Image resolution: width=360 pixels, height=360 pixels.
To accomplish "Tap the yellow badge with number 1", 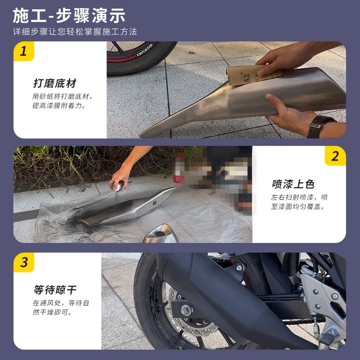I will click(x=24, y=51).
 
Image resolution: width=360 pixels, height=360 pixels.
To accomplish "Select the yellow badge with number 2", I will click(x=335, y=156).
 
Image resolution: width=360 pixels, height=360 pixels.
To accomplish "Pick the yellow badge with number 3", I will click(x=24, y=262).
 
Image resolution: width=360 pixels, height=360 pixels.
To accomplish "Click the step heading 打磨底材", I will click(x=54, y=83).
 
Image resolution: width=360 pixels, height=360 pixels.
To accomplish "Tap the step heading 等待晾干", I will click(x=54, y=290).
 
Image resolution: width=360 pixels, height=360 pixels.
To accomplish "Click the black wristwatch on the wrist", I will click(x=320, y=126).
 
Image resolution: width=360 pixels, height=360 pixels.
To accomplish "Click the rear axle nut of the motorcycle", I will click(x=186, y=310).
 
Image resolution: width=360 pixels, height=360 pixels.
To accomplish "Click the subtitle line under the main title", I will click(x=75, y=32).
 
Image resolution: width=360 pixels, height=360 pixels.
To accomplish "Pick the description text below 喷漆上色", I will click(x=299, y=202).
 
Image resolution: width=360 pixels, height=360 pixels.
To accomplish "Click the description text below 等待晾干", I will click(x=60, y=307).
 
